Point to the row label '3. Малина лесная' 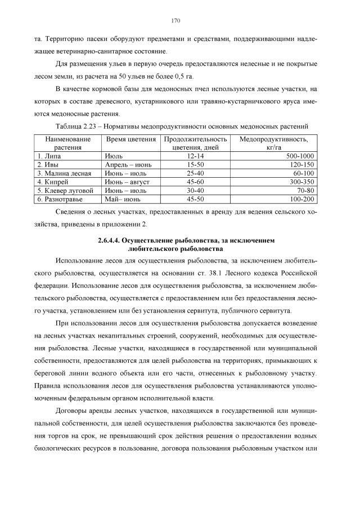[64, 173]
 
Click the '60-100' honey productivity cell [304, 173]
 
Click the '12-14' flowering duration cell [195, 156]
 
